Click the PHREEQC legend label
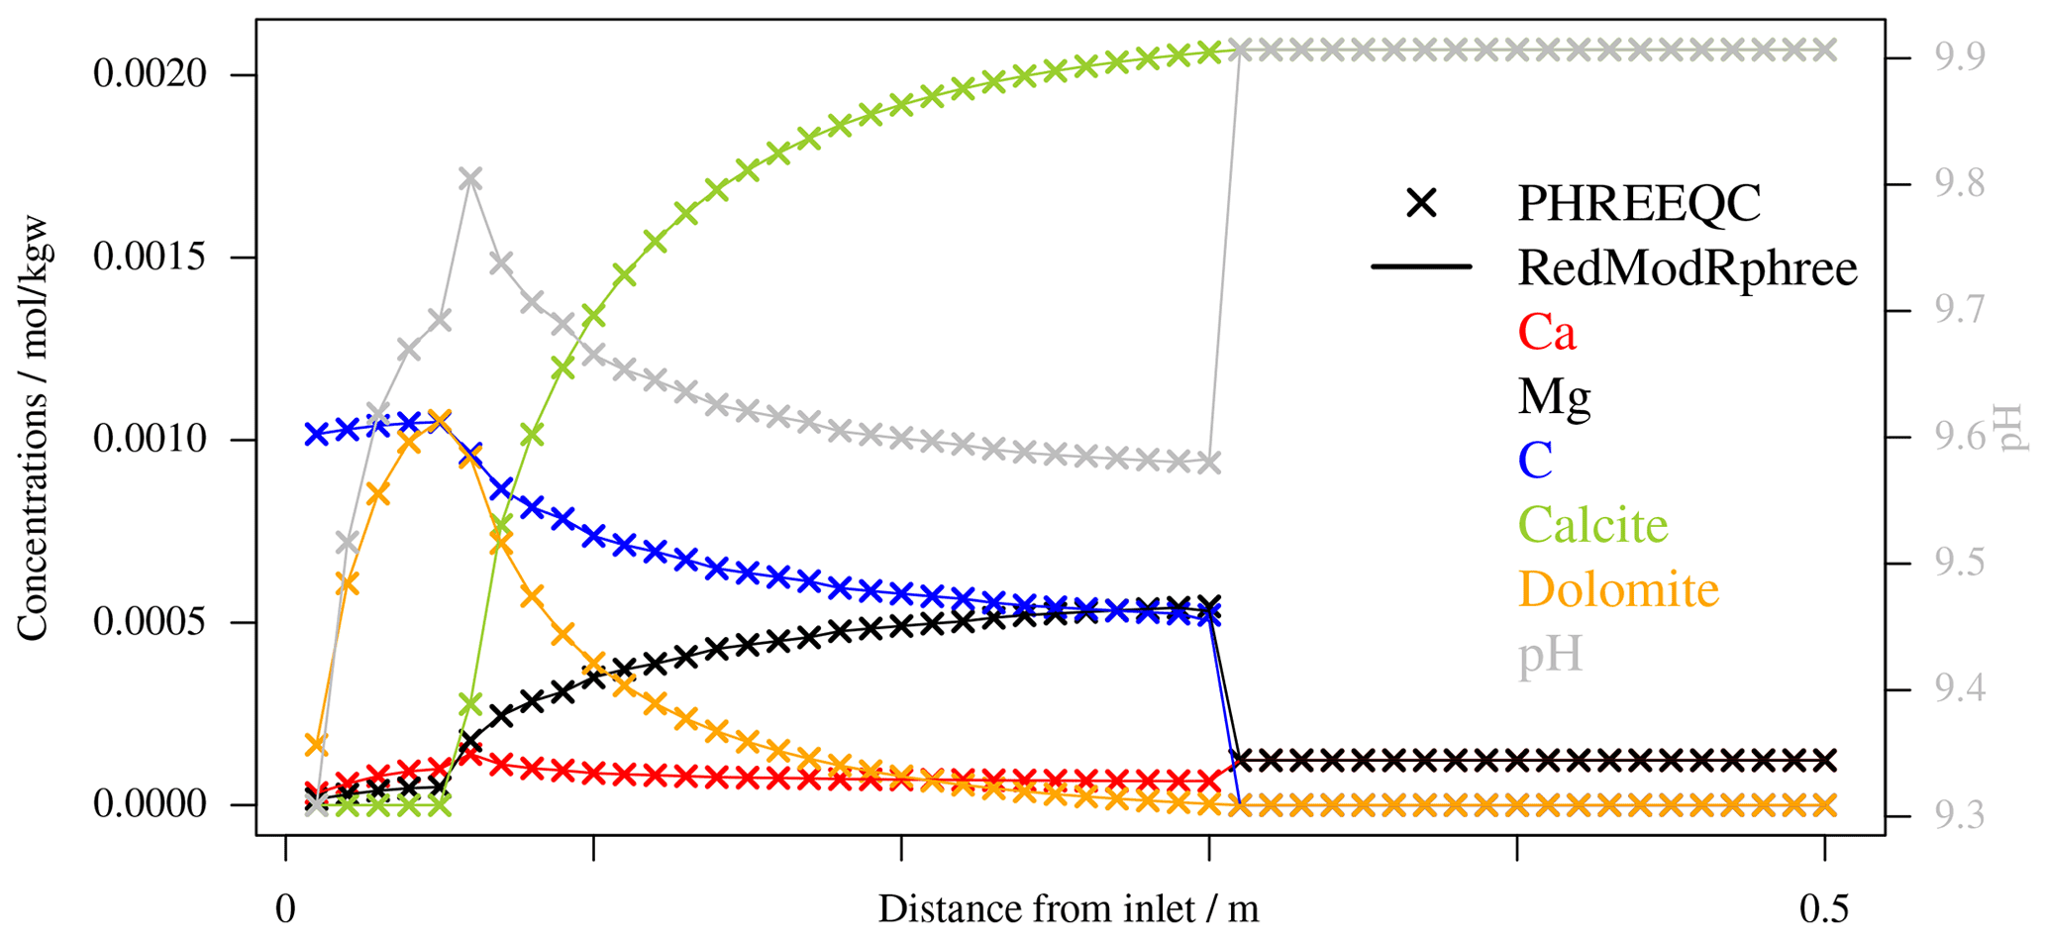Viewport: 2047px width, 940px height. pyautogui.click(x=1639, y=203)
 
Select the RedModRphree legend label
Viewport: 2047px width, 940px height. pyautogui.click(x=1687, y=267)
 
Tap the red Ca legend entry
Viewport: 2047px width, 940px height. pyautogui.click(x=1546, y=332)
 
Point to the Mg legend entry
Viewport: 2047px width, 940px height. pyautogui.click(x=1554, y=396)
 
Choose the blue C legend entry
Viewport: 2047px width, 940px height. pyautogui.click(x=1534, y=461)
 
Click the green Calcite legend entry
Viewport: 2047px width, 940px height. pyautogui.click(x=1592, y=525)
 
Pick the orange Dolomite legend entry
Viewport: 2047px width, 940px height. pyautogui.click(x=1618, y=589)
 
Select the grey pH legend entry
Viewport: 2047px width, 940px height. pyautogui.click(x=1551, y=656)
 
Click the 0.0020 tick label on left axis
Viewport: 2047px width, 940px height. pyautogui.click(x=151, y=74)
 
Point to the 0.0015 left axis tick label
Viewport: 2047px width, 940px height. pyautogui.click(x=151, y=258)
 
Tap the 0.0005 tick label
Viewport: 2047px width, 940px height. pyautogui.click(x=151, y=623)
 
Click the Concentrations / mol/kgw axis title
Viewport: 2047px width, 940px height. pyautogui.click(x=33, y=428)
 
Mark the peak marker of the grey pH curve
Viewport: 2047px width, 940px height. pyautogui.click(x=470, y=179)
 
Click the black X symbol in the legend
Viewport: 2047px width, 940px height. pyautogui.click(x=1421, y=203)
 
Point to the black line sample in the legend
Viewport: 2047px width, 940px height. pyautogui.click(x=1421, y=267)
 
